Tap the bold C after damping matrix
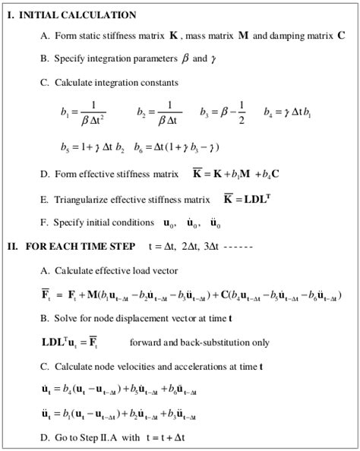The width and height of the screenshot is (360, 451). (x=341, y=36)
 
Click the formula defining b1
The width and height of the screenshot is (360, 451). (x=82, y=112)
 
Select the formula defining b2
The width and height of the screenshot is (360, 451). (x=158, y=112)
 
